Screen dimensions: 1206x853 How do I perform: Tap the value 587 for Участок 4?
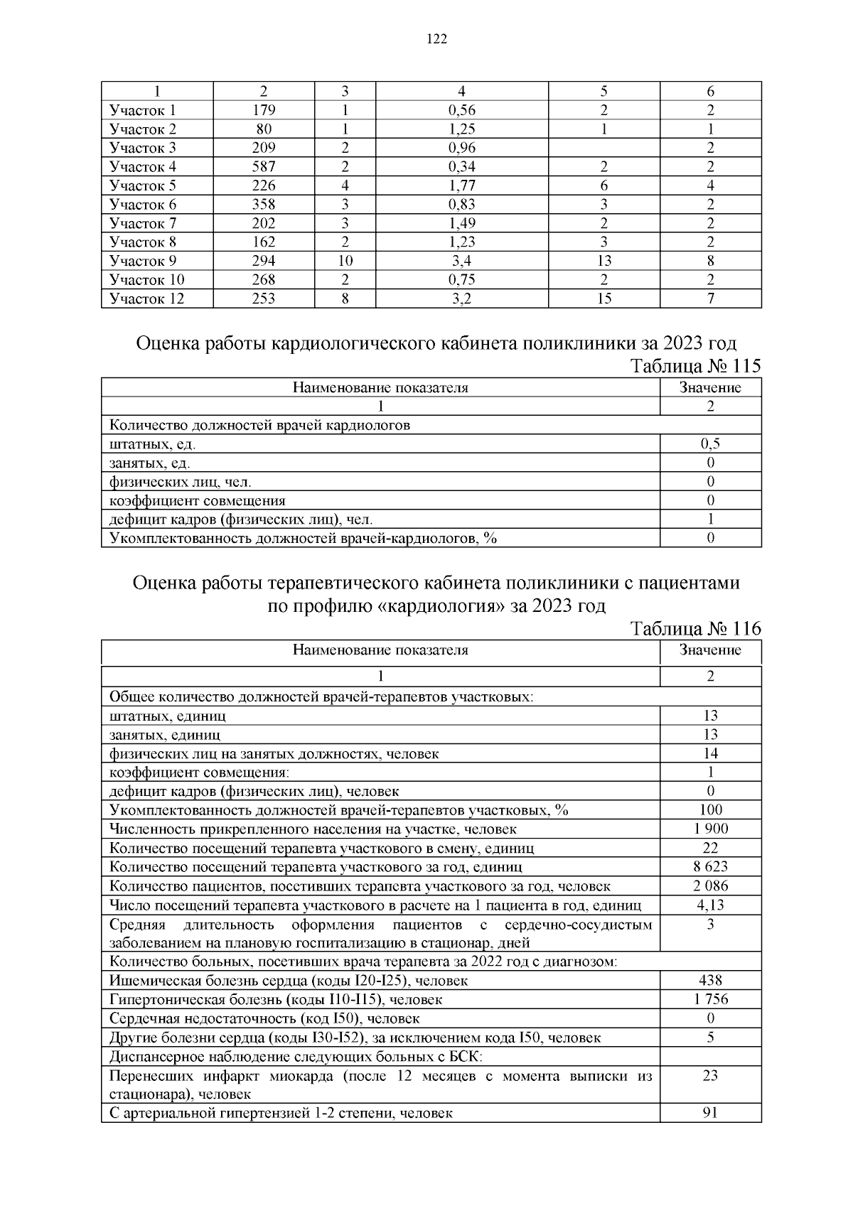coord(264,167)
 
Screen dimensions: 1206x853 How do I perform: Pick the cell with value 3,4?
coord(461,261)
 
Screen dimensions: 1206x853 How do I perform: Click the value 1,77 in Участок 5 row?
coord(461,185)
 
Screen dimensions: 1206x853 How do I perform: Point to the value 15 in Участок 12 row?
coord(603,298)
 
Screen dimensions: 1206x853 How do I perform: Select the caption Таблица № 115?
coord(695,367)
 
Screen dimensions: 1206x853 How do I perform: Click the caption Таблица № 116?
coord(695,629)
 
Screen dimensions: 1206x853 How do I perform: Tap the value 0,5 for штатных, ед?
coord(710,444)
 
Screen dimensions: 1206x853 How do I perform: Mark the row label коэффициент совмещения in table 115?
coord(197,500)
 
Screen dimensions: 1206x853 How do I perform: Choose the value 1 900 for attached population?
coord(710,829)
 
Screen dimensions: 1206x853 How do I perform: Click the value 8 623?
coord(710,866)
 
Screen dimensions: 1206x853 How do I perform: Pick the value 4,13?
coord(710,905)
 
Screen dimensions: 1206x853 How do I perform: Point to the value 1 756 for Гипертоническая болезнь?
coord(710,999)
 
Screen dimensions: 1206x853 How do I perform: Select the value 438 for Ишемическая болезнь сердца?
coord(710,981)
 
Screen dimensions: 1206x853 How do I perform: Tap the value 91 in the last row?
coord(710,1113)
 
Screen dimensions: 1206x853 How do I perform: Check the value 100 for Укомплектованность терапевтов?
coord(710,810)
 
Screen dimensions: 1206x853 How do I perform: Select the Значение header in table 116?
coord(710,650)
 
